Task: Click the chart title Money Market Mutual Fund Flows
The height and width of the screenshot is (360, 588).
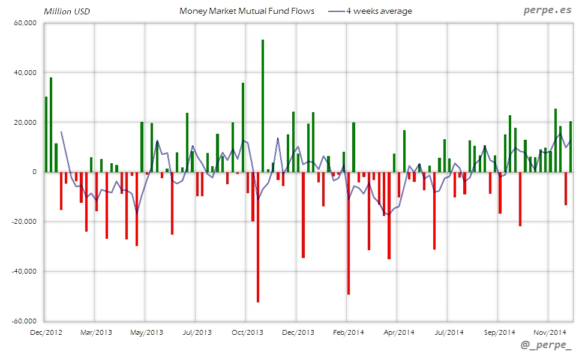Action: tap(247, 11)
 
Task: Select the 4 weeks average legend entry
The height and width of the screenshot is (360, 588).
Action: tap(379, 11)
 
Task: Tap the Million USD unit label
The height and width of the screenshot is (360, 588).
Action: tap(67, 11)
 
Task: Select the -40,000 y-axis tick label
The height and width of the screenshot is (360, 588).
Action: tap(23, 271)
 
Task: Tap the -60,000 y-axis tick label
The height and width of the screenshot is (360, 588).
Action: tap(23, 321)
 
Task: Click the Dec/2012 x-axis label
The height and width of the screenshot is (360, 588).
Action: tap(46, 332)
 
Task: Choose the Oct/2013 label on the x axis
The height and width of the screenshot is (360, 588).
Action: tap(247, 332)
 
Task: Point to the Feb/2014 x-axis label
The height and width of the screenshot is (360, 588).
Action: tap(348, 332)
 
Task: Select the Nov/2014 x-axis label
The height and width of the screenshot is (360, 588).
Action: tap(550, 332)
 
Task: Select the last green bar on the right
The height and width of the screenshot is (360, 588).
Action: tap(571, 146)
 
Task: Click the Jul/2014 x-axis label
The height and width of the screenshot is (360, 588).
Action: tap(449, 332)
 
